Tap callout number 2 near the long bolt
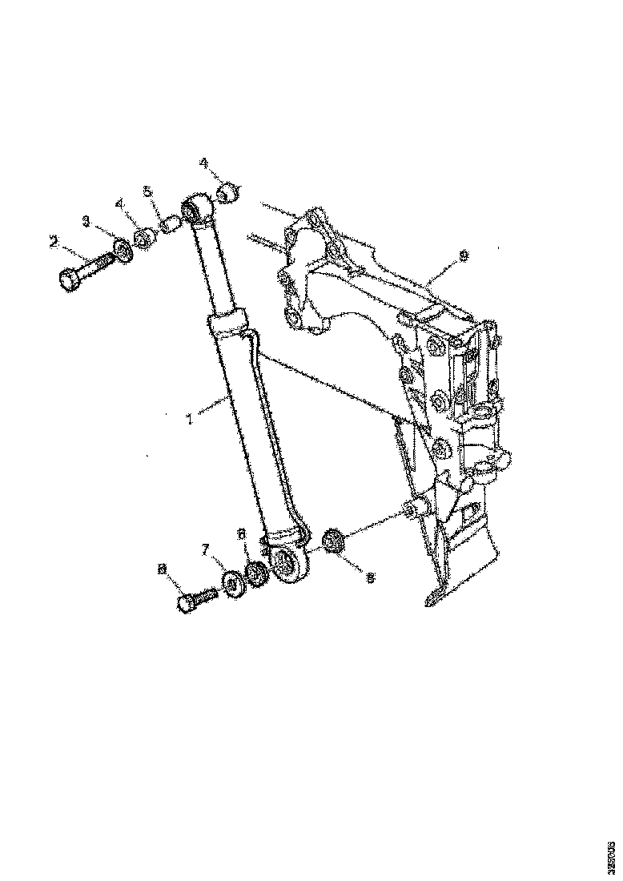pos(54,240)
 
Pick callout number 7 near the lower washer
pos(205,549)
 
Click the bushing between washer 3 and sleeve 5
pos(145,238)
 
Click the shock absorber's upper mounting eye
pos(194,210)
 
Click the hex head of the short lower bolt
pos(186,604)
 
